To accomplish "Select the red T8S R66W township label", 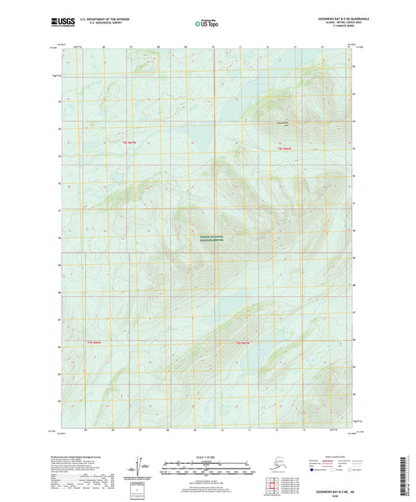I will tap(284, 148).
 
